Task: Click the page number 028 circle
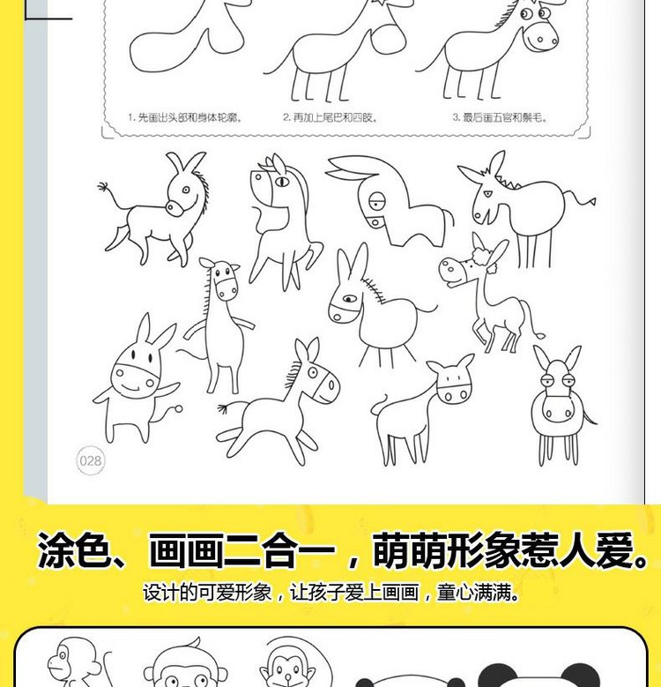point(91,460)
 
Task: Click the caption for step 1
point(185,117)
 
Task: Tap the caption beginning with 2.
point(330,117)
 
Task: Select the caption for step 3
point(500,117)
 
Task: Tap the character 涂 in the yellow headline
point(56,550)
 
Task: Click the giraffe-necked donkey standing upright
point(217,325)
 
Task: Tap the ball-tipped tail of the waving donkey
point(178,409)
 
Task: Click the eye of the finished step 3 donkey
point(527,14)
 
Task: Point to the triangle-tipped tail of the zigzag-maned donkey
point(591,202)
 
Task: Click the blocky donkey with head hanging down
point(390,200)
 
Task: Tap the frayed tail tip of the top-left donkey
point(104,187)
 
